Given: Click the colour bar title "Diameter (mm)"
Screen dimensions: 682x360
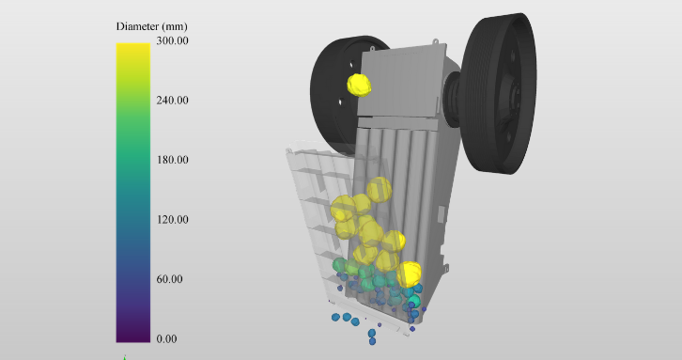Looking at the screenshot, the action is pyautogui.click(x=152, y=26).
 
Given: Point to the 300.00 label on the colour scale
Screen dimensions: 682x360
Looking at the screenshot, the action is pyautogui.click(x=172, y=40).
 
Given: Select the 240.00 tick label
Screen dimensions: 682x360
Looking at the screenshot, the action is pyautogui.click(x=172, y=101).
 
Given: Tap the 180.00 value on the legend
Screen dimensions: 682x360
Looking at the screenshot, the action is pyautogui.click(x=172, y=160).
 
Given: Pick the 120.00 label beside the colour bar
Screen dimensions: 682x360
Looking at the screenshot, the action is pyautogui.click(x=172, y=219).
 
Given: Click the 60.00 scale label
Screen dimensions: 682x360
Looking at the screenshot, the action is pyautogui.click(x=169, y=279).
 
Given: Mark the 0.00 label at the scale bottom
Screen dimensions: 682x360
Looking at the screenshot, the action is pyautogui.click(x=166, y=338).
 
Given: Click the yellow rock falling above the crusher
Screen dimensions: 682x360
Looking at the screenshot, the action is pyautogui.click(x=359, y=85).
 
